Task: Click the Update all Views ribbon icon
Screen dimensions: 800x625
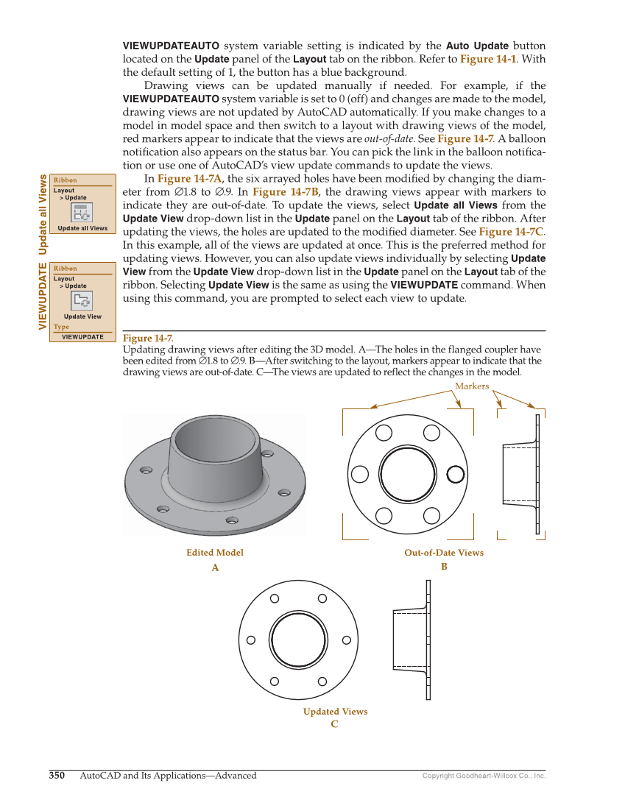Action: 81,213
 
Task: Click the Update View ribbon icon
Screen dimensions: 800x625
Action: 81,301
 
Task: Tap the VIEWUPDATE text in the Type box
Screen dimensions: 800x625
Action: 82,337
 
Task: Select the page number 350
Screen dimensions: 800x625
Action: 57,775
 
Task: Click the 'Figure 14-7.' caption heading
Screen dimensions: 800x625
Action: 148,339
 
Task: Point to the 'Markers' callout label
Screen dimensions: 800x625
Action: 472,386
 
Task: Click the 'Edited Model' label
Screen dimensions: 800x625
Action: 215,553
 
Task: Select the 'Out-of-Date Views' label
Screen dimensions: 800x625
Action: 444,553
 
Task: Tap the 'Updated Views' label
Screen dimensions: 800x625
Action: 335,712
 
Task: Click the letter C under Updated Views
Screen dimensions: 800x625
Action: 334,724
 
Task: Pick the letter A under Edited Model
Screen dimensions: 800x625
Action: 215,568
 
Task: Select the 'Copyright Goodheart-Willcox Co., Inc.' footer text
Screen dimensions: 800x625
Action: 484,776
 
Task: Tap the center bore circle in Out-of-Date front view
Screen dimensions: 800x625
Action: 407,474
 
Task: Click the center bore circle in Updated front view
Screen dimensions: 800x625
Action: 298,640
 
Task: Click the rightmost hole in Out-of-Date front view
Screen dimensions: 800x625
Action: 456,473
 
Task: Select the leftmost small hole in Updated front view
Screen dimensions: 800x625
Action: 251,640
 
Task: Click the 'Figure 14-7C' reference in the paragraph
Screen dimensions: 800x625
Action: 512,232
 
